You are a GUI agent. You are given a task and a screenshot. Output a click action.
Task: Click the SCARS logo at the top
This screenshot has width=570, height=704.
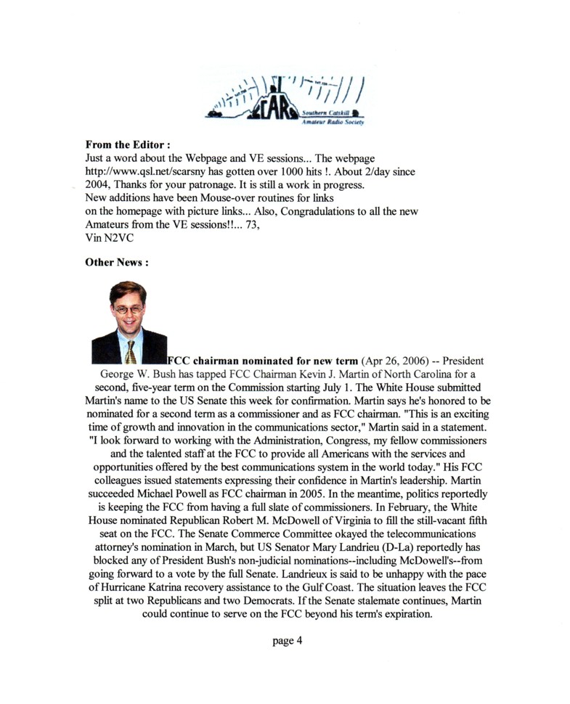point(285,101)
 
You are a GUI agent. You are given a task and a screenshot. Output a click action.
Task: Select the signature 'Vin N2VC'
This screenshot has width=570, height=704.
point(108,237)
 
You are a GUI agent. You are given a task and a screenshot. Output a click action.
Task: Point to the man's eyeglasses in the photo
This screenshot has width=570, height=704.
point(128,308)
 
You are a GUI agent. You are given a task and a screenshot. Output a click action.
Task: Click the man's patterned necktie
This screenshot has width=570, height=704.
point(130,352)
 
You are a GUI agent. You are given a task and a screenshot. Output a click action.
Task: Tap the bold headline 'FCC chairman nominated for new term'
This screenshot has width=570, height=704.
point(263,361)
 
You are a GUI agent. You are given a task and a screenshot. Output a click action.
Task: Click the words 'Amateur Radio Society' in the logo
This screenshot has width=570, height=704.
point(332,123)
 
